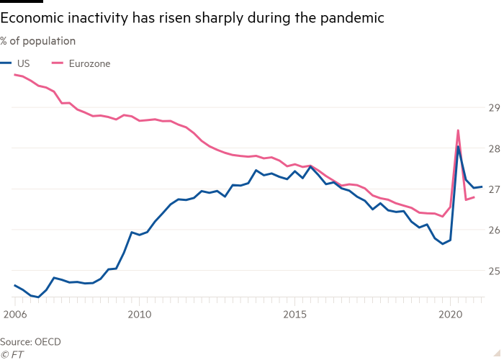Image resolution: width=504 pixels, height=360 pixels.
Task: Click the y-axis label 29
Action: (x=494, y=108)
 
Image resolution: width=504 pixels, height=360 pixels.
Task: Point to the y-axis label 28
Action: (x=494, y=149)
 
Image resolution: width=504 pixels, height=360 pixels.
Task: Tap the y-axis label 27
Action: (x=494, y=189)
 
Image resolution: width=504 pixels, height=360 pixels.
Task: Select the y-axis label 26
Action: (x=494, y=230)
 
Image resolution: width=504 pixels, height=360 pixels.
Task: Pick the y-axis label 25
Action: (x=494, y=271)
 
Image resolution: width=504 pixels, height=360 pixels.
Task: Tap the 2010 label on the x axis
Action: (x=139, y=315)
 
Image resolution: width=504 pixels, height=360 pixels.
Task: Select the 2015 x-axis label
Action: (x=294, y=315)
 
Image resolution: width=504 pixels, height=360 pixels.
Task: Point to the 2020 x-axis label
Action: (x=450, y=315)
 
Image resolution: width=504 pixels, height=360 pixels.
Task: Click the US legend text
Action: (x=22, y=63)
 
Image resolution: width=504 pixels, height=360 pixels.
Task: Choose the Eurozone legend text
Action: (x=90, y=63)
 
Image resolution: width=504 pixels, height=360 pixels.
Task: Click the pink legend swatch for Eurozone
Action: (x=59, y=63)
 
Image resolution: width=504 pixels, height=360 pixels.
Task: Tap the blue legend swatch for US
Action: (x=5, y=63)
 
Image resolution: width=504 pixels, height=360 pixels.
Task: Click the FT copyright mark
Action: (x=12, y=354)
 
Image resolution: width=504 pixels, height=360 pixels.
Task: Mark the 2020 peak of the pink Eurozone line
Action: (x=458, y=130)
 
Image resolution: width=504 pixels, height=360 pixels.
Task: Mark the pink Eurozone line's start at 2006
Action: (x=14, y=75)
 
